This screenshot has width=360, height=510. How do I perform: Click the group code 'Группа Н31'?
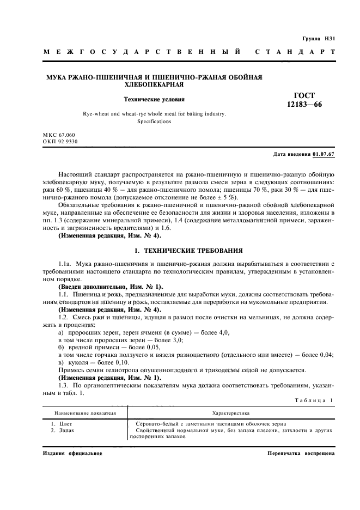point(318,39)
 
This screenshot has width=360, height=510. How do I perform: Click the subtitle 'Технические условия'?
point(155,100)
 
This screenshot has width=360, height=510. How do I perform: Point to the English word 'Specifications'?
point(154,122)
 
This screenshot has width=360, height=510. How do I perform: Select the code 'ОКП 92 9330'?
point(60,141)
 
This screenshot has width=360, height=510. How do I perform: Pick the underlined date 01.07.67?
point(324,155)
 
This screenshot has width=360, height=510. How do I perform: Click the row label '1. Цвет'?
point(62,423)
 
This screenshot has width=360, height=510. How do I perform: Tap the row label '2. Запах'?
point(63,430)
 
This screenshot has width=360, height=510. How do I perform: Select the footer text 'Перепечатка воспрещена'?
point(301,453)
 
